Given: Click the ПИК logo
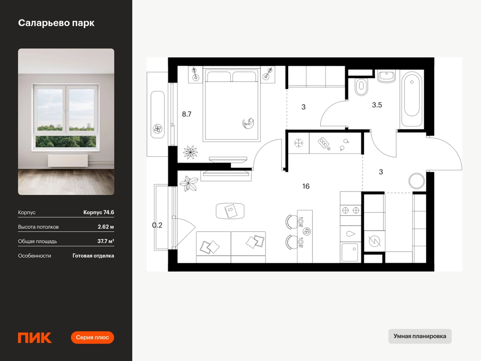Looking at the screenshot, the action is click(x=35, y=338).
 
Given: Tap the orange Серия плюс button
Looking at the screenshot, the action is click(x=92, y=338).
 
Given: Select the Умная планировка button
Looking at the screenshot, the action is click(x=420, y=336).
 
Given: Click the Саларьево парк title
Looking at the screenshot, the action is click(x=56, y=23).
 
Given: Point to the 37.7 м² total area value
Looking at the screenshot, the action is click(x=105, y=241).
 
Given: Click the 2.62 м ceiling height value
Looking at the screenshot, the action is click(x=105, y=227).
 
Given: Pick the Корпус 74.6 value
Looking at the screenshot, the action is click(x=98, y=212).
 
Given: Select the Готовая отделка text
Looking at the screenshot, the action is click(x=93, y=256).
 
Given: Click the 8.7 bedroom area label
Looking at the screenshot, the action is click(x=187, y=114).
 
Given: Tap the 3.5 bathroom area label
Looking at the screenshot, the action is click(x=377, y=105).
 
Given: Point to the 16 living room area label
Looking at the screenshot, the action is click(x=306, y=186).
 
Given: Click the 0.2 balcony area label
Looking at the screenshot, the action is click(x=157, y=225).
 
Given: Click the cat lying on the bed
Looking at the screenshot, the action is click(x=248, y=123).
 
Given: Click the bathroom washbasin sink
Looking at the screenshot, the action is click(x=386, y=77).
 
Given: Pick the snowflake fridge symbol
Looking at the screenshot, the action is click(x=298, y=143).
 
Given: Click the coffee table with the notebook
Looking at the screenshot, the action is click(x=230, y=211).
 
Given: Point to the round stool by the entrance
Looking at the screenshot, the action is click(x=417, y=181).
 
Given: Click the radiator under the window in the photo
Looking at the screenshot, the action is click(x=68, y=161).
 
